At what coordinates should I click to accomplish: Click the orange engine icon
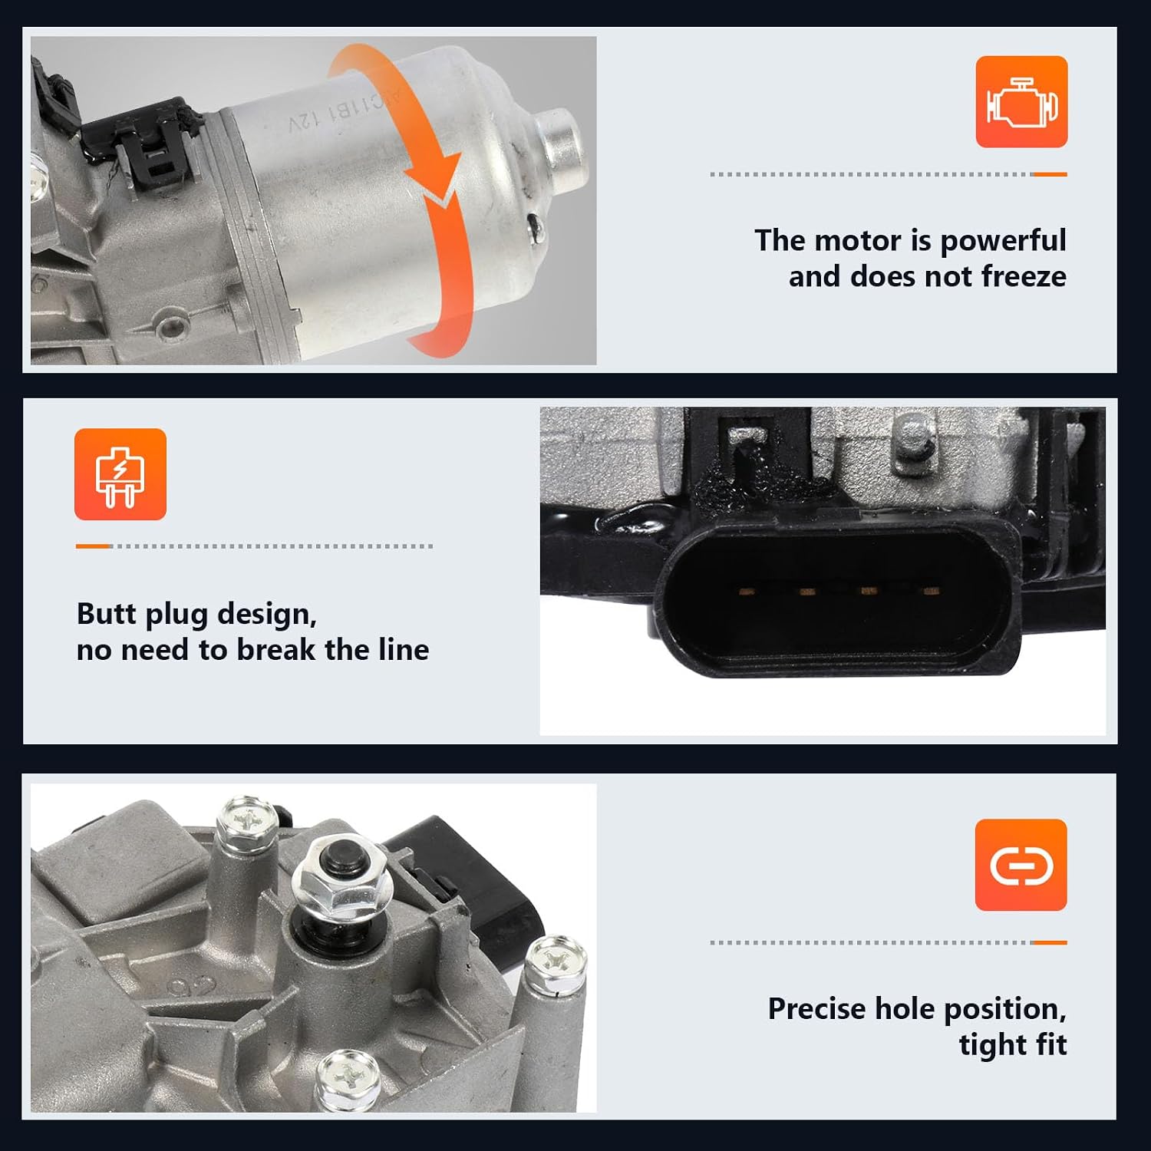pos(1021,101)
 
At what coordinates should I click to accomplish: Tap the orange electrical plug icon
pos(120,474)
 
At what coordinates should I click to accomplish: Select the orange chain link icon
pos(1021,865)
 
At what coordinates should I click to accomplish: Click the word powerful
pos(1003,241)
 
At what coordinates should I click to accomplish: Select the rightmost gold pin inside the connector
pos(932,591)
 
